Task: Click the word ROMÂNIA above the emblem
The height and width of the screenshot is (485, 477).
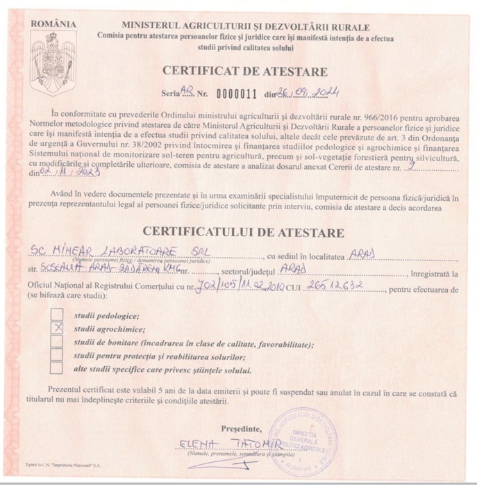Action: click(x=53, y=24)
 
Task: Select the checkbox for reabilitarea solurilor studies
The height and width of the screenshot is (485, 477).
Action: click(x=58, y=355)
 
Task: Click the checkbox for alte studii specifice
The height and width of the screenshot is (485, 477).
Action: click(x=58, y=369)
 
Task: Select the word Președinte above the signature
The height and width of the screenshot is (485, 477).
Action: click(x=242, y=428)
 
